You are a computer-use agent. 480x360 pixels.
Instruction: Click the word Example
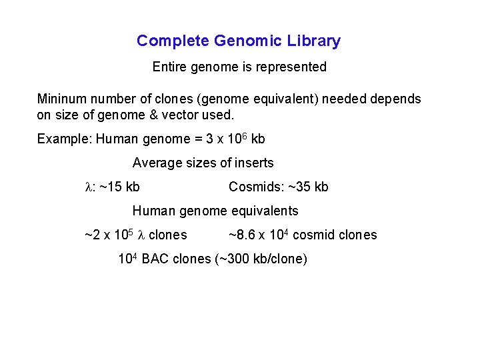point(64,139)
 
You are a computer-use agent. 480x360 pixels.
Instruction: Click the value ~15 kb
point(120,187)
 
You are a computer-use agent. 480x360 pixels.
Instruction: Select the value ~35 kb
point(307,187)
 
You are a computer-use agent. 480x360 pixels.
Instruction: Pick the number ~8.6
point(242,235)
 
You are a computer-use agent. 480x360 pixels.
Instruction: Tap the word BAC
point(155,259)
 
